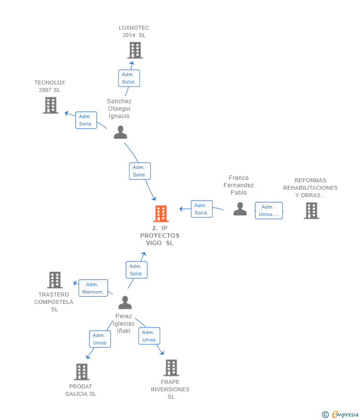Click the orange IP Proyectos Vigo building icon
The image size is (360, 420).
[161, 213]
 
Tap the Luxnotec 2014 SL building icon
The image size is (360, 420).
[135, 50]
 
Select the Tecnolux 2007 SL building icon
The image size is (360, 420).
[50, 105]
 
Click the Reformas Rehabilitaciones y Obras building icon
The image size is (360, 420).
[311, 210]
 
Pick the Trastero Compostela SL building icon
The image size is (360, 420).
[55, 280]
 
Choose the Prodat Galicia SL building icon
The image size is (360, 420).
[82, 372]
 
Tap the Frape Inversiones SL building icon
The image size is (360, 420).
[171, 368]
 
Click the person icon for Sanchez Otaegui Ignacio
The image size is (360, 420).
[120, 132]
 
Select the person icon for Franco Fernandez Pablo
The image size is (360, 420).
[240, 209]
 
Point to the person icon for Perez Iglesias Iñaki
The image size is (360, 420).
[125, 302]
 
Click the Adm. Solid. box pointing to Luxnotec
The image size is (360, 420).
[129, 78]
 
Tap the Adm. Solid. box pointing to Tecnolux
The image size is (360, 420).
[86, 120]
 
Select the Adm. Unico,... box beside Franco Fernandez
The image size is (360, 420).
[269, 210]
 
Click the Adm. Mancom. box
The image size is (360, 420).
[93, 288]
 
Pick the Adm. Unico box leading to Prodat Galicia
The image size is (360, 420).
[100, 339]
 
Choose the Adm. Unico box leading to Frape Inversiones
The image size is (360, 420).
[149, 336]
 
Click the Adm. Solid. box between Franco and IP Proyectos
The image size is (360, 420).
[201, 209]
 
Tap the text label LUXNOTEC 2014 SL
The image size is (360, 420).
[134, 32]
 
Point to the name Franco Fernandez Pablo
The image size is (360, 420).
[238, 185]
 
